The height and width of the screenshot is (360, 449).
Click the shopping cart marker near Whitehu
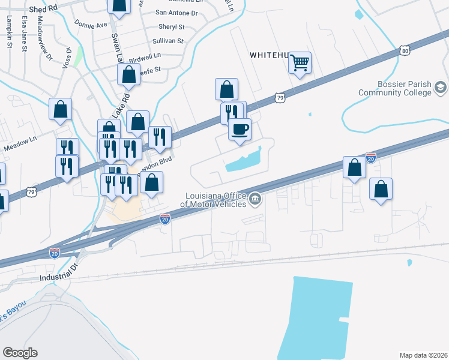point(300,62)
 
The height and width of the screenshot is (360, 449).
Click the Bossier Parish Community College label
point(394,88)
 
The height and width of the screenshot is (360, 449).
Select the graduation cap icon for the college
point(441,88)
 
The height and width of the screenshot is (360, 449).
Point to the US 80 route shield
point(406,50)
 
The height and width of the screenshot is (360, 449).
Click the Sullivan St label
point(167,41)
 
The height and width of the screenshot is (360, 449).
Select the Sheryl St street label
point(172,26)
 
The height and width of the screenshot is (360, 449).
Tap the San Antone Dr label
point(176,12)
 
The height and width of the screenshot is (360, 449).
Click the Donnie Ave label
point(91,25)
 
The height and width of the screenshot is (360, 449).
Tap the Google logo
point(20,353)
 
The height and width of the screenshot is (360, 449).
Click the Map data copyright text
point(423,355)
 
